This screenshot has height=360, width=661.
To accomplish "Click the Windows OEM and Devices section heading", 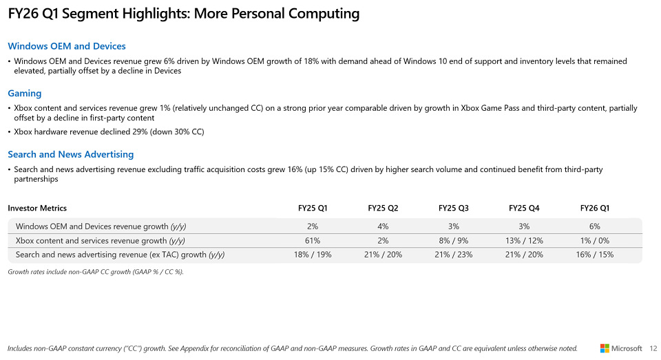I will tap(66, 46).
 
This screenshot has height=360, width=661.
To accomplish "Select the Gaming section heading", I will tap(25, 93).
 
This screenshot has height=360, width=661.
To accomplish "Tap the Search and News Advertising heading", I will tap(70, 154).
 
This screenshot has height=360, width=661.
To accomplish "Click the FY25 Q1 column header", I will tap(313, 208).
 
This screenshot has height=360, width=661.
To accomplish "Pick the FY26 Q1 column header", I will tap(595, 208).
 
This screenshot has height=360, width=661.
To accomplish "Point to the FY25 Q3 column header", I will tap(453, 208).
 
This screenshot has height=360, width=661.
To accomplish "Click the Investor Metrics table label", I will tap(37, 208).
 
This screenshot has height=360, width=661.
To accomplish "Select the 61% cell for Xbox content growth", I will tap(313, 241).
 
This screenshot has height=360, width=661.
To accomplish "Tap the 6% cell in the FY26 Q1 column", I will tap(595, 226).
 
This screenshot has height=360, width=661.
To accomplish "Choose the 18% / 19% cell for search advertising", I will tap(313, 255).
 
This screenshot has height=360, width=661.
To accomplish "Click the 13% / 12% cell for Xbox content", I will tap(524, 241).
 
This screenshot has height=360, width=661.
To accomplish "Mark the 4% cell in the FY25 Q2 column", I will tap(383, 226).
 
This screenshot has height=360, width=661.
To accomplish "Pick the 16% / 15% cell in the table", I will tap(595, 255).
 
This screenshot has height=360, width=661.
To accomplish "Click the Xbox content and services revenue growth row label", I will tap(101, 241).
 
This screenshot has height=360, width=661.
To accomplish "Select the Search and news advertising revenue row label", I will tap(120, 255).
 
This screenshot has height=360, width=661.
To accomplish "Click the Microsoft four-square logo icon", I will tap(605, 348).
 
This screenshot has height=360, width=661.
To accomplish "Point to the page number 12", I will tap(653, 348).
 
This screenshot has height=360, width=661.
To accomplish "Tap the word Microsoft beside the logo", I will tap(627, 348).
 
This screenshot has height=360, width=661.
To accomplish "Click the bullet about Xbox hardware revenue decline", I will tap(109, 131).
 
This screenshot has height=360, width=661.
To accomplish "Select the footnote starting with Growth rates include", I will tap(96, 272).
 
